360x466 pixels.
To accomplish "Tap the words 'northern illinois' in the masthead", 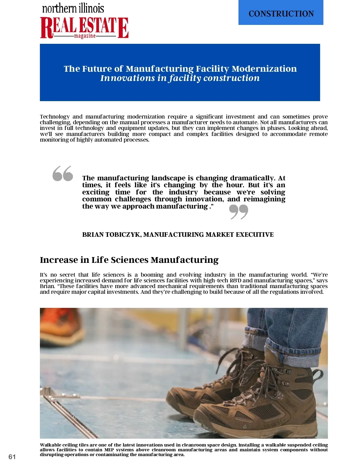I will (x=73, y=8).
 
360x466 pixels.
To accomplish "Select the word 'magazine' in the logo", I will (x=85, y=36).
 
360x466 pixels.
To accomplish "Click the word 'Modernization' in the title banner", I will (x=264, y=69).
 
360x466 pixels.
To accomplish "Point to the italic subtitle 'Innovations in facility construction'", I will (x=180, y=78).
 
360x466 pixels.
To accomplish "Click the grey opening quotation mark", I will (x=63, y=173).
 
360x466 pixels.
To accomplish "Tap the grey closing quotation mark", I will (x=239, y=212).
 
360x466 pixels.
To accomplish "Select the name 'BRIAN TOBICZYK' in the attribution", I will (x=111, y=235).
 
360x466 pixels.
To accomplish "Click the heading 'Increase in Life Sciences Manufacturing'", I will (x=129, y=260).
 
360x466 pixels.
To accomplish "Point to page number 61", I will (x=12, y=457).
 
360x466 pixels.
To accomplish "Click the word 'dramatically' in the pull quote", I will (x=252, y=178).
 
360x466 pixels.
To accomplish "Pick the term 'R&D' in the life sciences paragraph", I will (x=235, y=281).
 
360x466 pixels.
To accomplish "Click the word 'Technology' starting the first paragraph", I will (x=55, y=117).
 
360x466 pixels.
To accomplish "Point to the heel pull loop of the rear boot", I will (x=317, y=375).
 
